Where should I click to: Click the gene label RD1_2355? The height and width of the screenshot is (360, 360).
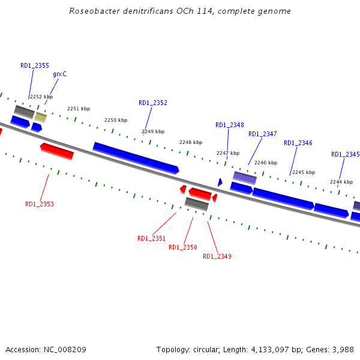click(35, 66)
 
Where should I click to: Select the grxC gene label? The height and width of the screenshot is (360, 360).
click(59, 74)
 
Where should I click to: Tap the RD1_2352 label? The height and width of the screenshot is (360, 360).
click(153, 103)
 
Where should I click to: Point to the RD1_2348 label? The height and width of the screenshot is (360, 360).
click(230, 125)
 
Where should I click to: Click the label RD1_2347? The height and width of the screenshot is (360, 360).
click(263, 134)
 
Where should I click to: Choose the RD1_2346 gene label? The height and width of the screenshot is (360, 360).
click(298, 143)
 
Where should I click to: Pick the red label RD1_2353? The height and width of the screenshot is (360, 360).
click(40, 205)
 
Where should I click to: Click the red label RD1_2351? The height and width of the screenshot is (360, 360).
click(152, 239)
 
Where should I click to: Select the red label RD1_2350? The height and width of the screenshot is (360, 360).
click(183, 248)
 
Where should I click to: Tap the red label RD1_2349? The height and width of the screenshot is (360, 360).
click(217, 257)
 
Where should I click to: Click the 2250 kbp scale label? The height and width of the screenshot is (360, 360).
click(116, 120)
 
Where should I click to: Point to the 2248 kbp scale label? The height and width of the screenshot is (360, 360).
click(191, 143)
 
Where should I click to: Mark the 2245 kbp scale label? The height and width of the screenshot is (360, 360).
click(304, 172)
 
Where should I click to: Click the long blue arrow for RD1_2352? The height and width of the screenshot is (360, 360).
click(136, 157)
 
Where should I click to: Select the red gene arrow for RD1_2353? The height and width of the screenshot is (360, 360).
click(57, 151)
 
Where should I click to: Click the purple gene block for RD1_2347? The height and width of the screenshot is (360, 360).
click(245, 178)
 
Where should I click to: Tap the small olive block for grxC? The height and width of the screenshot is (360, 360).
click(40, 117)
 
